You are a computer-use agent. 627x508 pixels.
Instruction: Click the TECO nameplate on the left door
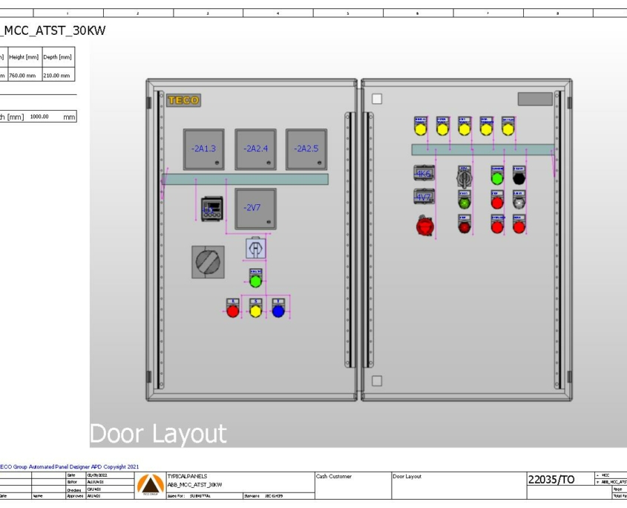183,100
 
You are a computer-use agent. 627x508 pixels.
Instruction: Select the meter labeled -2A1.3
203,149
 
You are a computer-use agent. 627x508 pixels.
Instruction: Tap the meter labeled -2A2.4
255,149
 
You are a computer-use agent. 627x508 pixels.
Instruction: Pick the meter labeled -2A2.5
306,149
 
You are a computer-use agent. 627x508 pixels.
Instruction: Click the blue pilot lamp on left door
278,310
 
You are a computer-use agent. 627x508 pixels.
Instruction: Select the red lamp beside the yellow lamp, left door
233,310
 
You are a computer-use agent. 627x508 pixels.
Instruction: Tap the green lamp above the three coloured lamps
255,281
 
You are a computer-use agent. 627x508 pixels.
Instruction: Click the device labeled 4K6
423,173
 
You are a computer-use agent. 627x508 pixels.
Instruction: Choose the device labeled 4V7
423,196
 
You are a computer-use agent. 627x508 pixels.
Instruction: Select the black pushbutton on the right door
519,178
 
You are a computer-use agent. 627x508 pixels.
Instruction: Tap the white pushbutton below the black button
519,201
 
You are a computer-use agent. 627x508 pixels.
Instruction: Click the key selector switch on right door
464,178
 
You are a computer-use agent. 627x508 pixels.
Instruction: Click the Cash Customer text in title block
334,476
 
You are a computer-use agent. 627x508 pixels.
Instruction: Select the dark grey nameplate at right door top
534,99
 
